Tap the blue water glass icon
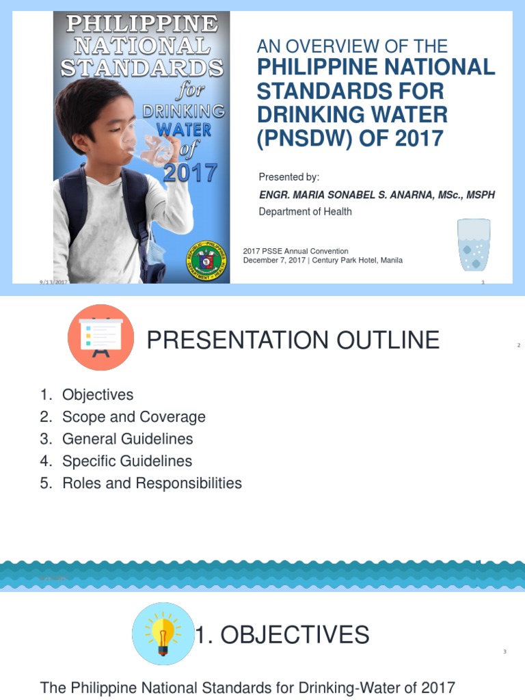[x=474, y=245]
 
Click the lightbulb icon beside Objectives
[x=163, y=634]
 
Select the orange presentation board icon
[x=100, y=338]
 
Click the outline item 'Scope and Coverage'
[x=133, y=417]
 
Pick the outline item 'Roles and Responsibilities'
[x=152, y=483]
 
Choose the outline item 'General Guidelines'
[x=127, y=439]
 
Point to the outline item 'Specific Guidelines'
[x=126, y=461]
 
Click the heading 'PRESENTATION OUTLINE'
[x=293, y=340]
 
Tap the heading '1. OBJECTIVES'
[x=282, y=636]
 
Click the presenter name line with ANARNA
[x=377, y=195]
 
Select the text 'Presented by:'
[x=289, y=178]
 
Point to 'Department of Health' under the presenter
[x=305, y=212]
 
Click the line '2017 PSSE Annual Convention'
[x=295, y=252]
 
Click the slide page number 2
[x=519, y=346]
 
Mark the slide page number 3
[x=504, y=651]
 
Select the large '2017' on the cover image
[x=190, y=172]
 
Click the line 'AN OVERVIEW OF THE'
[x=352, y=46]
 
